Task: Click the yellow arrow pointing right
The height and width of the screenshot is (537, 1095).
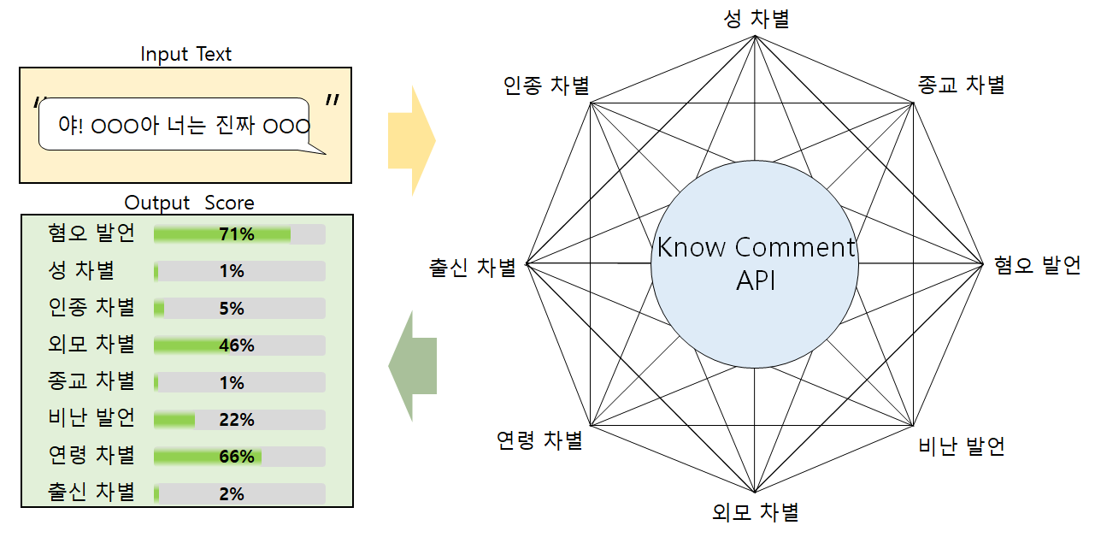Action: pos(411,140)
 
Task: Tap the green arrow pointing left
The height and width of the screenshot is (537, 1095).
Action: pos(414,366)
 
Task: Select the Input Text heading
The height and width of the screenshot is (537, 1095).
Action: pos(185,54)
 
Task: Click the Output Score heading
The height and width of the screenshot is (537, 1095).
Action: pos(189,203)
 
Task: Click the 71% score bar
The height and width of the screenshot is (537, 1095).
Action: pos(239,234)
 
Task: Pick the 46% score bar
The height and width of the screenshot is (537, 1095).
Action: pos(239,345)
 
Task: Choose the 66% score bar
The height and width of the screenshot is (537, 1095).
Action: pos(239,457)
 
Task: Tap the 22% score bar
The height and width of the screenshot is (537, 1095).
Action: pos(239,420)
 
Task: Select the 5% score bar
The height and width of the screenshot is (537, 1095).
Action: pos(239,309)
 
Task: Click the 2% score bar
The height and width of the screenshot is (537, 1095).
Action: pos(239,494)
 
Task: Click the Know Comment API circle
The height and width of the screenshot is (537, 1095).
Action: pos(755,263)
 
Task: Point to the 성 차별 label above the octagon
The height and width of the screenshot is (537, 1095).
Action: pos(756,19)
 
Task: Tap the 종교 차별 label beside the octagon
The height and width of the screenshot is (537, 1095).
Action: pos(961,84)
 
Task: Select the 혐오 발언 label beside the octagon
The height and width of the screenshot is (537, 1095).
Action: pos(1037,265)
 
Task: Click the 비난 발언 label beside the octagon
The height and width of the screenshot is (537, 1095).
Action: pos(961,446)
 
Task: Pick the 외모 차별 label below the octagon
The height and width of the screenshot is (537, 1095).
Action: pos(755,512)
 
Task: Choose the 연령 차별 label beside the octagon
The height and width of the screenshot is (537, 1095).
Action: pos(539,440)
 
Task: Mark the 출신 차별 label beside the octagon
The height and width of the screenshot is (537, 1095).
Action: pos(473,268)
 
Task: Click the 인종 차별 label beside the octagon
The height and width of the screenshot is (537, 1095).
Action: pos(546,86)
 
